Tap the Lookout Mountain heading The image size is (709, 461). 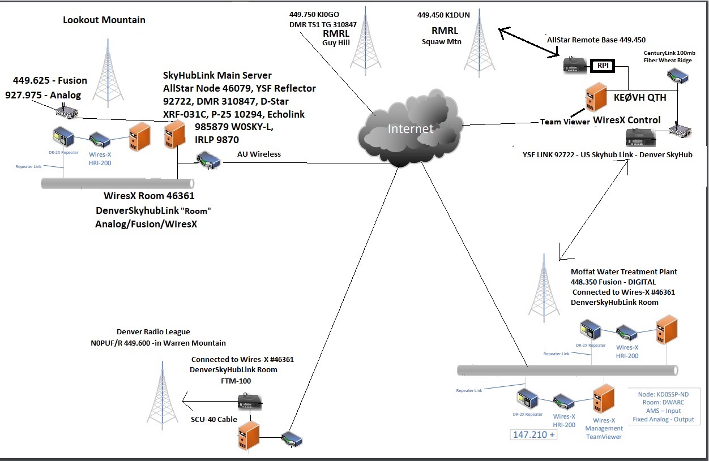104,20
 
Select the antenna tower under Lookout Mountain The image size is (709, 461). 108,76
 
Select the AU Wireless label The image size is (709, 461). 259,154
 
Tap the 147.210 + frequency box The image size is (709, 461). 533,435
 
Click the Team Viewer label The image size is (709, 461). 565,122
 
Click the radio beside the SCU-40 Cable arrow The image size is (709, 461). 249,403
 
